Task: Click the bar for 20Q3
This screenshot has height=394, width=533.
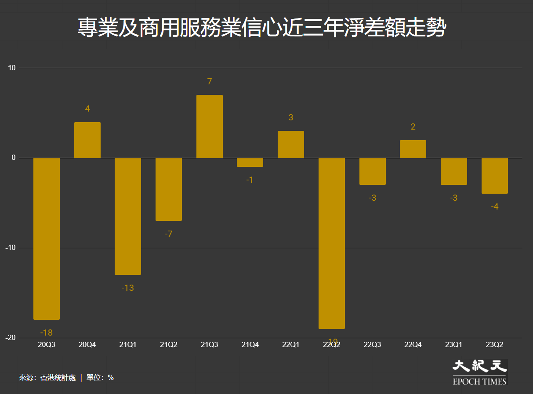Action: [x=47, y=239]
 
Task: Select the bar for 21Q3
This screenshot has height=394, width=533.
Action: [x=209, y=127]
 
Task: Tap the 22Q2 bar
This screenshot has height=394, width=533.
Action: [x=332, y=243]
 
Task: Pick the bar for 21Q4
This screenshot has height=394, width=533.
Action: [x=250, y=162]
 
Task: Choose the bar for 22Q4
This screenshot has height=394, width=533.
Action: [x=413, y=149]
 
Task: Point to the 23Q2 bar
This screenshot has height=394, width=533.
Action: [x=494, y=176]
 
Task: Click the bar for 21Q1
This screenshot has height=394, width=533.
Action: [x=128, y=216]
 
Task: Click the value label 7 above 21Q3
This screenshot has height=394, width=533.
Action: [x=210, y=81]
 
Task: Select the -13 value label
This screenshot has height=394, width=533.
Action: [x=127, y=288]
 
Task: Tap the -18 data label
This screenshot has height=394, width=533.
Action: [x=46, y=333]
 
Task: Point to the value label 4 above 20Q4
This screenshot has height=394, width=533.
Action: [x=87, y=108]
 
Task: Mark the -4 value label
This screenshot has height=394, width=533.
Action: [x=494, y=206]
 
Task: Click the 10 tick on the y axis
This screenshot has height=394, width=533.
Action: [x=11, y=68]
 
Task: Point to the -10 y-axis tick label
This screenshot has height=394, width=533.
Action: [x=11, y=248]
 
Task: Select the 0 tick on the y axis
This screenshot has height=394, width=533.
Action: [x=14, y=158]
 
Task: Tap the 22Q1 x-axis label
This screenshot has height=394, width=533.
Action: [x=290, y=345]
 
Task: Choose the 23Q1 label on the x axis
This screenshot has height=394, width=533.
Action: [x=453, y=345]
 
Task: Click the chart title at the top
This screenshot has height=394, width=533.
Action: [x=262, y=28]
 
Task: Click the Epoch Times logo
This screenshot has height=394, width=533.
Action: [x=479, y=372]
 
